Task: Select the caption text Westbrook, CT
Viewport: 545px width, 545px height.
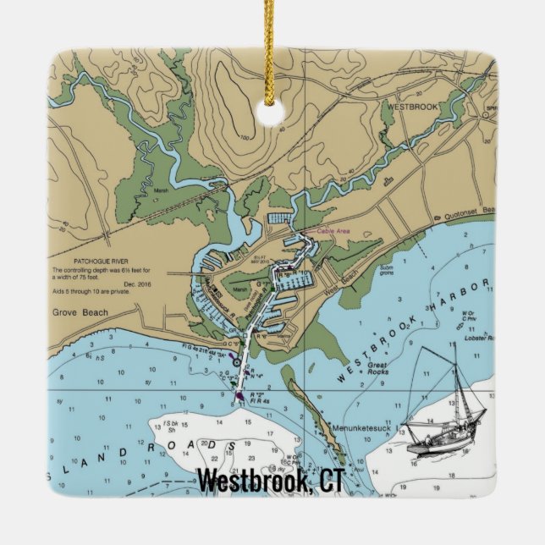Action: coord(270,481)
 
